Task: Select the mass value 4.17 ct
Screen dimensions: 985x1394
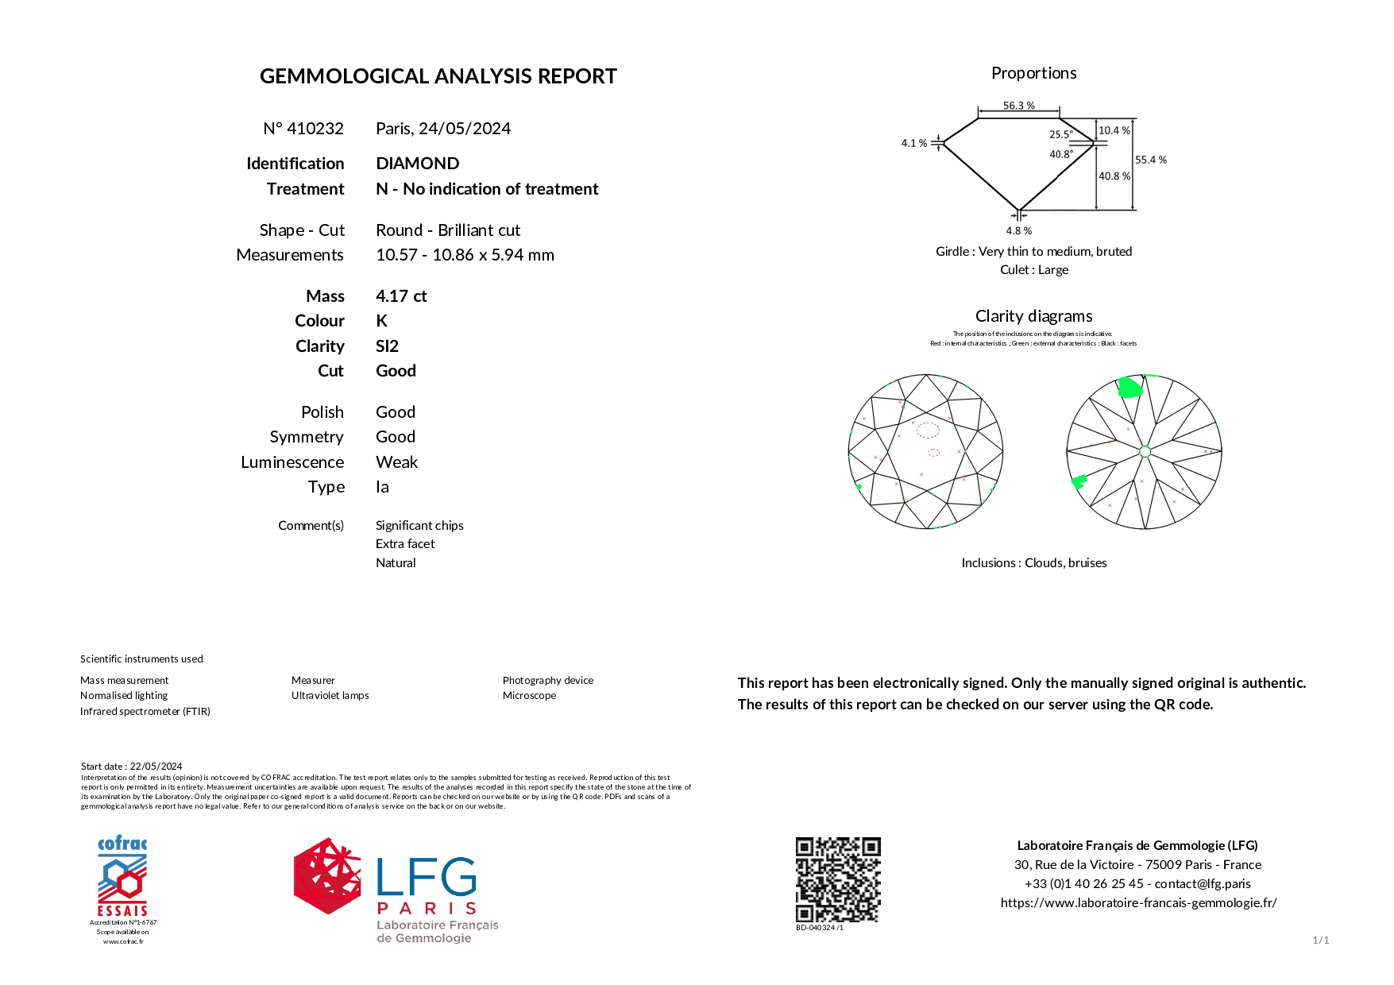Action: click(x=401, y=296)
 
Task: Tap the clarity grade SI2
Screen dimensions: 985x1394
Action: click(x=387, y=346)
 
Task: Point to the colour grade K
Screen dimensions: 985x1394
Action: click(x=381, y=321)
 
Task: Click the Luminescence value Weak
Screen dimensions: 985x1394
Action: click(x=396, y=462)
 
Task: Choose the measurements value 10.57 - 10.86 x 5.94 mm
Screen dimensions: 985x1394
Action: click(x=465, y=255)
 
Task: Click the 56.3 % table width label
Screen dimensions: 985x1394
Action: click(x=1018, y=105)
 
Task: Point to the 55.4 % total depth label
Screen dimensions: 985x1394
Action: click(x=1150, y=160)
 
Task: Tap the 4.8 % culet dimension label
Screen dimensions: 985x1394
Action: click(x=1018, y=230)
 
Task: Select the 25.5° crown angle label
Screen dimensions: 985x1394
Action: click(x=1060, y=134)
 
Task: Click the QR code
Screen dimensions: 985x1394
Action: click(x=838, y=879)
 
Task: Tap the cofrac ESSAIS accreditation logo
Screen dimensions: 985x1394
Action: click(x=122, y=877)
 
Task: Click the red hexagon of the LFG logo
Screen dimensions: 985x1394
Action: click(x=327, y=875)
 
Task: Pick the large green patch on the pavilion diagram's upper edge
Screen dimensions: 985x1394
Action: click(x=1129, y=388)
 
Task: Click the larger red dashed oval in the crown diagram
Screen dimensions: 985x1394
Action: click(x=928, y=431)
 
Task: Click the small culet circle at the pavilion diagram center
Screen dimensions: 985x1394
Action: click(x=1145, y=452)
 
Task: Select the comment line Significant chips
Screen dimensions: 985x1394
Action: click(x=419, y=526)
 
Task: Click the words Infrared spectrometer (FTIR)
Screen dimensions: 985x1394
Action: click(x=145, y=712)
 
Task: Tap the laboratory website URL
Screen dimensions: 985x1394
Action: click(x=1138, y=902)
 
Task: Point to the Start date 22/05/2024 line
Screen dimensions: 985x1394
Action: click(x=132, y=767)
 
